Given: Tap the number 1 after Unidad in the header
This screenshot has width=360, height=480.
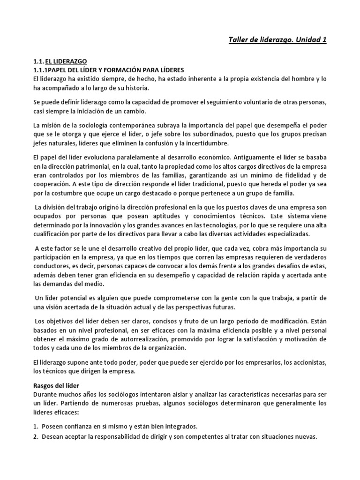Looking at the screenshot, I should coord(324,39).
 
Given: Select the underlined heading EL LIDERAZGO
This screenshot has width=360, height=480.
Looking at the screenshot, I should coord(66,61).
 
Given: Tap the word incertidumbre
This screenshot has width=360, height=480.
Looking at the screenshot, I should coord(205,143).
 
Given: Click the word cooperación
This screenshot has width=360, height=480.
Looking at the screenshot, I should coord(50,184).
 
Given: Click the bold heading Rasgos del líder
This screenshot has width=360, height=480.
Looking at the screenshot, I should coord(59,385).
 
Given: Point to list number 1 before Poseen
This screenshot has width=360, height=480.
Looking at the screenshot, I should coord(36,426).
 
